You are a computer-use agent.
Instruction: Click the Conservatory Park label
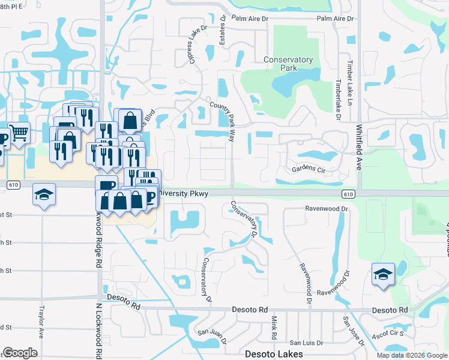[x=288, y=64]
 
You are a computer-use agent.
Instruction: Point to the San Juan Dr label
[x=211, y=337]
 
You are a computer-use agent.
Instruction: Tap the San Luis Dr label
[x=304, y=343]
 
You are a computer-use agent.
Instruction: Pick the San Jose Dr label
[x=354, y=332]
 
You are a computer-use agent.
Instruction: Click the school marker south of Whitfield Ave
[x=383, y=275]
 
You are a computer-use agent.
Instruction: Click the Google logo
[x=20, y=353]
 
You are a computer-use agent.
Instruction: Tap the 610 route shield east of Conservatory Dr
[x=348, y=194]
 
